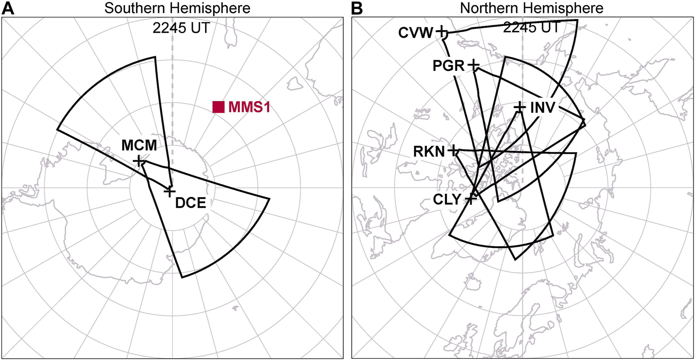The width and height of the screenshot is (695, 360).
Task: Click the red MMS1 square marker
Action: coord(218,107)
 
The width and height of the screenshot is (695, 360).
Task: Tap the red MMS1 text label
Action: coord(249,107)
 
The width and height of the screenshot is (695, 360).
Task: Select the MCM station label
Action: coord(139,145)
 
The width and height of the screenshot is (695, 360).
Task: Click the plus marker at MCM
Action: coord(139,162)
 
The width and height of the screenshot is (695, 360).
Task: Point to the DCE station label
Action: coord(190,203)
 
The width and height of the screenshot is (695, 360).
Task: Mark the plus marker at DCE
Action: coord(170,191)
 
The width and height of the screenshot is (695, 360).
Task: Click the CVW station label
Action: coord(416,33)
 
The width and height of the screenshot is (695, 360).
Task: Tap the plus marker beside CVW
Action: coord(441,31)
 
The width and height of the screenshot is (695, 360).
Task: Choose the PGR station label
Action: coord(449,66)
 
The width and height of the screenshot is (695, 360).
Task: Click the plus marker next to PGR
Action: coord(473,66)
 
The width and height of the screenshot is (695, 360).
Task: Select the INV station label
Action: coord(543,107)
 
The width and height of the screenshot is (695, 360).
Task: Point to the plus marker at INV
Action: coord(519,107)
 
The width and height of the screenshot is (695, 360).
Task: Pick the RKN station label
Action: coord(429,152)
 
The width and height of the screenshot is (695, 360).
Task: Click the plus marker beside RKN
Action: coord(453,151)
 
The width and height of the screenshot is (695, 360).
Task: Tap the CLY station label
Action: coord(447,200)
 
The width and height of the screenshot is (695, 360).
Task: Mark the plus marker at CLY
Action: coord(470,199)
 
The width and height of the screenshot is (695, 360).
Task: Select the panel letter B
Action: coord(357,8)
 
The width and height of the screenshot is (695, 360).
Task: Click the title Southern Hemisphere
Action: coord(177,8)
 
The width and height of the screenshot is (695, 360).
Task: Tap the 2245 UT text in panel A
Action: coord(181,28)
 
